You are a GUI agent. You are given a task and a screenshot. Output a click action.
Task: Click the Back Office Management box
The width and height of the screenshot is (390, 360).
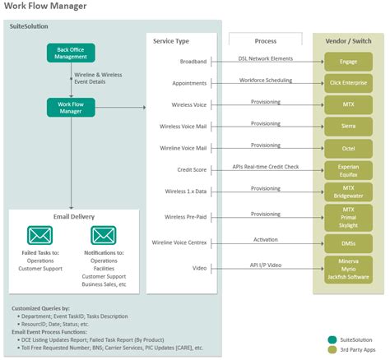coord(72,53)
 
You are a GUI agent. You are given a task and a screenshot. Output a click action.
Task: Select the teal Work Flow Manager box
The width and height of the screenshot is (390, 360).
coord(72,107)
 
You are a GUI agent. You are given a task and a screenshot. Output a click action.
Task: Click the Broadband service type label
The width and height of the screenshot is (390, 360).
coord(194,62)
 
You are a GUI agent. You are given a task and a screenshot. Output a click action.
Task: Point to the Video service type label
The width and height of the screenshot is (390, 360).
coord(200,268)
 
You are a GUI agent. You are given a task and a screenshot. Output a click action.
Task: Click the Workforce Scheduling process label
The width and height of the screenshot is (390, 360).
coord(266,80)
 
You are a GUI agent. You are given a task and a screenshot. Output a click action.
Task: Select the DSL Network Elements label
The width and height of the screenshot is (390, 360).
coord(266,58)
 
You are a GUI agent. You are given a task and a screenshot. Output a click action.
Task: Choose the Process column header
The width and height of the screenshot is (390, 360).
coord(265,39)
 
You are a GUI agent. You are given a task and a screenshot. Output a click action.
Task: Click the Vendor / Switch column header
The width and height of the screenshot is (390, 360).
coord(349,40)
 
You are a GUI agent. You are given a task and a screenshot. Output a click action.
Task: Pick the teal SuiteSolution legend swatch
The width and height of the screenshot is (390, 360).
coord(332,339)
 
